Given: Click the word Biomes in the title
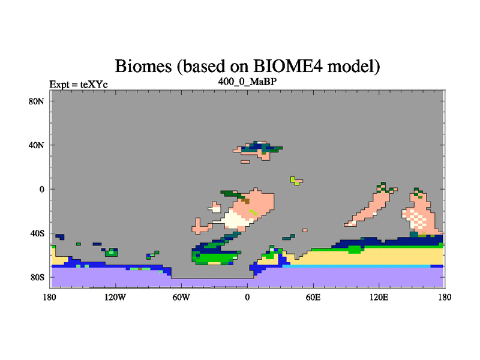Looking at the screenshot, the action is click(x=143, y=66).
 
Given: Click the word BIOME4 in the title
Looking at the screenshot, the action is click(x=288, y=65).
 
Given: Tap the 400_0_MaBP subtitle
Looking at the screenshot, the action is click(x=247, y=82).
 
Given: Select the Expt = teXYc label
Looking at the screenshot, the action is click(x=79, y=84).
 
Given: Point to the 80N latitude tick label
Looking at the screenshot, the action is click(x=37, y=101).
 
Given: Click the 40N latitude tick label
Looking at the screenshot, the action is click(x=37, y=145).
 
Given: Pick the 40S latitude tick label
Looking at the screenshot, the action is click(x=37, y=233).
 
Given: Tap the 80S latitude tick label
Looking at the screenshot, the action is click(x=37, y=277).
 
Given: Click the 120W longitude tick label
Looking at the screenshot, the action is click(x=115, y=297).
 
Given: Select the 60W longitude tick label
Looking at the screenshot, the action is click(x=181, y=297).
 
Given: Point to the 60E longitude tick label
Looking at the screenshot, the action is click(x=313, y=297).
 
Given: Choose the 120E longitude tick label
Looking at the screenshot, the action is click(x=379, y=297).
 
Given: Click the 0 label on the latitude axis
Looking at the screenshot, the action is click(x=41, y=190).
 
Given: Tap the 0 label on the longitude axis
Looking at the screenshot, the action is click(x=247, y=297).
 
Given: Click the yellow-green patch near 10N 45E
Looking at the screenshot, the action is click(x=295, y=181).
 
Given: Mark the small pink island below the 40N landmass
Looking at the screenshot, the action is click(x=245, y=161).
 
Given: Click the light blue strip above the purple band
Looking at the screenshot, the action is click(x=356, y=266).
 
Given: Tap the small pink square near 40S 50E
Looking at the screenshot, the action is click(x=305, y=230).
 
